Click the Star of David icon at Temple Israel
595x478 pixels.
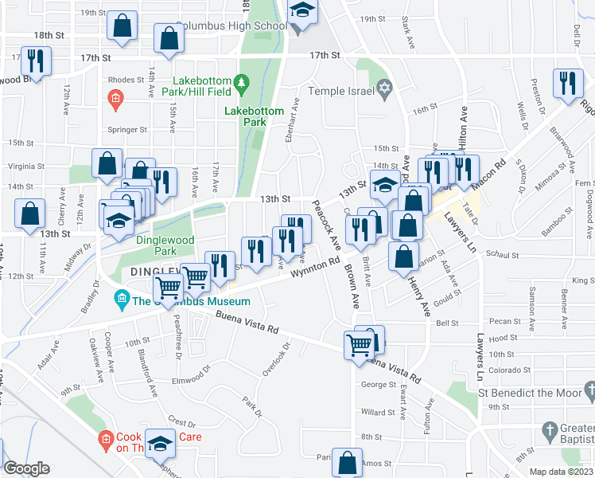pos(385,90)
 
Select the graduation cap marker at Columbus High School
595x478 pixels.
pos(302,14)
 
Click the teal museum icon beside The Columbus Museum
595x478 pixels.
pos(122,300)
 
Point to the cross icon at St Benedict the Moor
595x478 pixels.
pos(589,390)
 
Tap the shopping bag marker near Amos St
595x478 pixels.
pos(348,462)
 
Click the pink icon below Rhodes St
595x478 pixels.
pos(115,98)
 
